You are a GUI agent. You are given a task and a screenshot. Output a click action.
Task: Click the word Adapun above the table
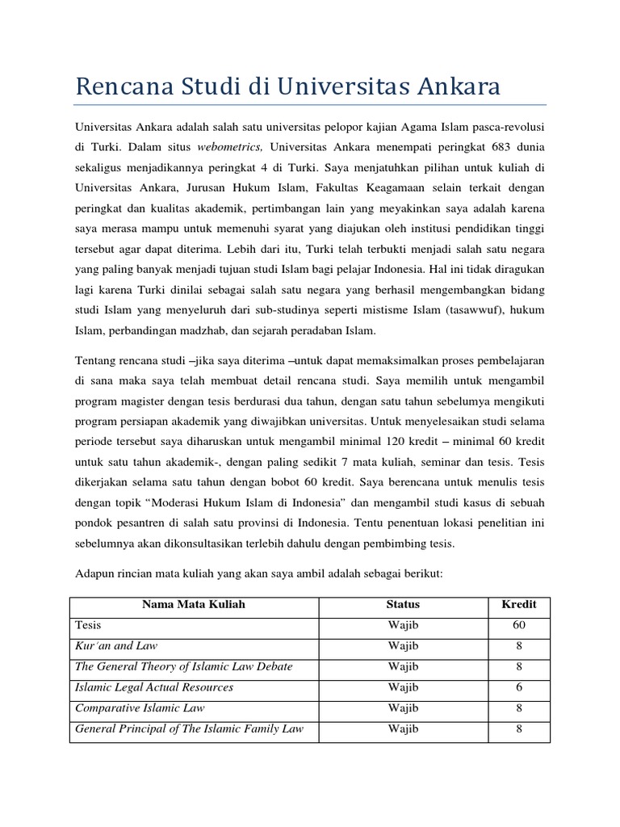(x=98, y=573)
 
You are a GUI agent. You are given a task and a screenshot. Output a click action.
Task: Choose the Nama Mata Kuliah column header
(x=194, y=604)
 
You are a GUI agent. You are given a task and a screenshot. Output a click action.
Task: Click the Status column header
(x=403, y=604)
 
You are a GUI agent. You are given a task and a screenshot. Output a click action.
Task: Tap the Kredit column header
(x=519, y=604)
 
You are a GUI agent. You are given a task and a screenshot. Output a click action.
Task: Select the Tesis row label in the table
(x=89, y=625)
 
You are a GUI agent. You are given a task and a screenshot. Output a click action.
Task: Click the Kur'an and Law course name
(x=116, y=646)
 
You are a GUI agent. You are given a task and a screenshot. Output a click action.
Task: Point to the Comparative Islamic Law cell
(x=140, y=708)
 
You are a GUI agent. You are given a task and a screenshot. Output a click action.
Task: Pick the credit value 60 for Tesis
(x=519, y=625)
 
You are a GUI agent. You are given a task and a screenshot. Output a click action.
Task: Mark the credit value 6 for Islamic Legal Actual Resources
(x=519, y=687)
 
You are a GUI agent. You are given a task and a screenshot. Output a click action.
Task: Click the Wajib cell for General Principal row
(x=403, y=729)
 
